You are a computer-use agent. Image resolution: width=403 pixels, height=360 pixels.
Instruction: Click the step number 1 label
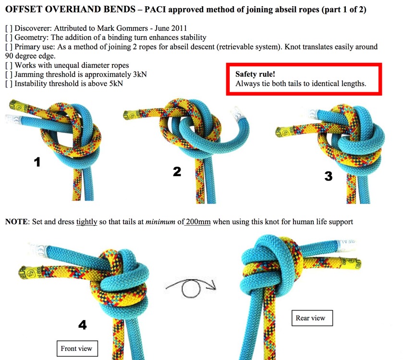coord(37,162)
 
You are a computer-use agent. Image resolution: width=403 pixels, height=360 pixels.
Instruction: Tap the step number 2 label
coord(177,170)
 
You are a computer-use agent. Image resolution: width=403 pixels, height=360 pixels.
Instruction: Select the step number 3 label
coord(328,176)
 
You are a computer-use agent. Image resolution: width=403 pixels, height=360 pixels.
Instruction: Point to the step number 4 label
coord(83,325)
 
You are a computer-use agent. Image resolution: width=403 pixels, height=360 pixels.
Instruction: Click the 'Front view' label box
coord(76,348)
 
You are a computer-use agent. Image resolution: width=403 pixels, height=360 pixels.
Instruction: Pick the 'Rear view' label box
coord(311,318)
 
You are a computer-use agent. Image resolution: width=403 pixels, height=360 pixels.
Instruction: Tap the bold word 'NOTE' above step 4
coord(17,222)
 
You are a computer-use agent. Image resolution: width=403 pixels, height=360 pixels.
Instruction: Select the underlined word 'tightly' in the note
coord(87,222)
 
